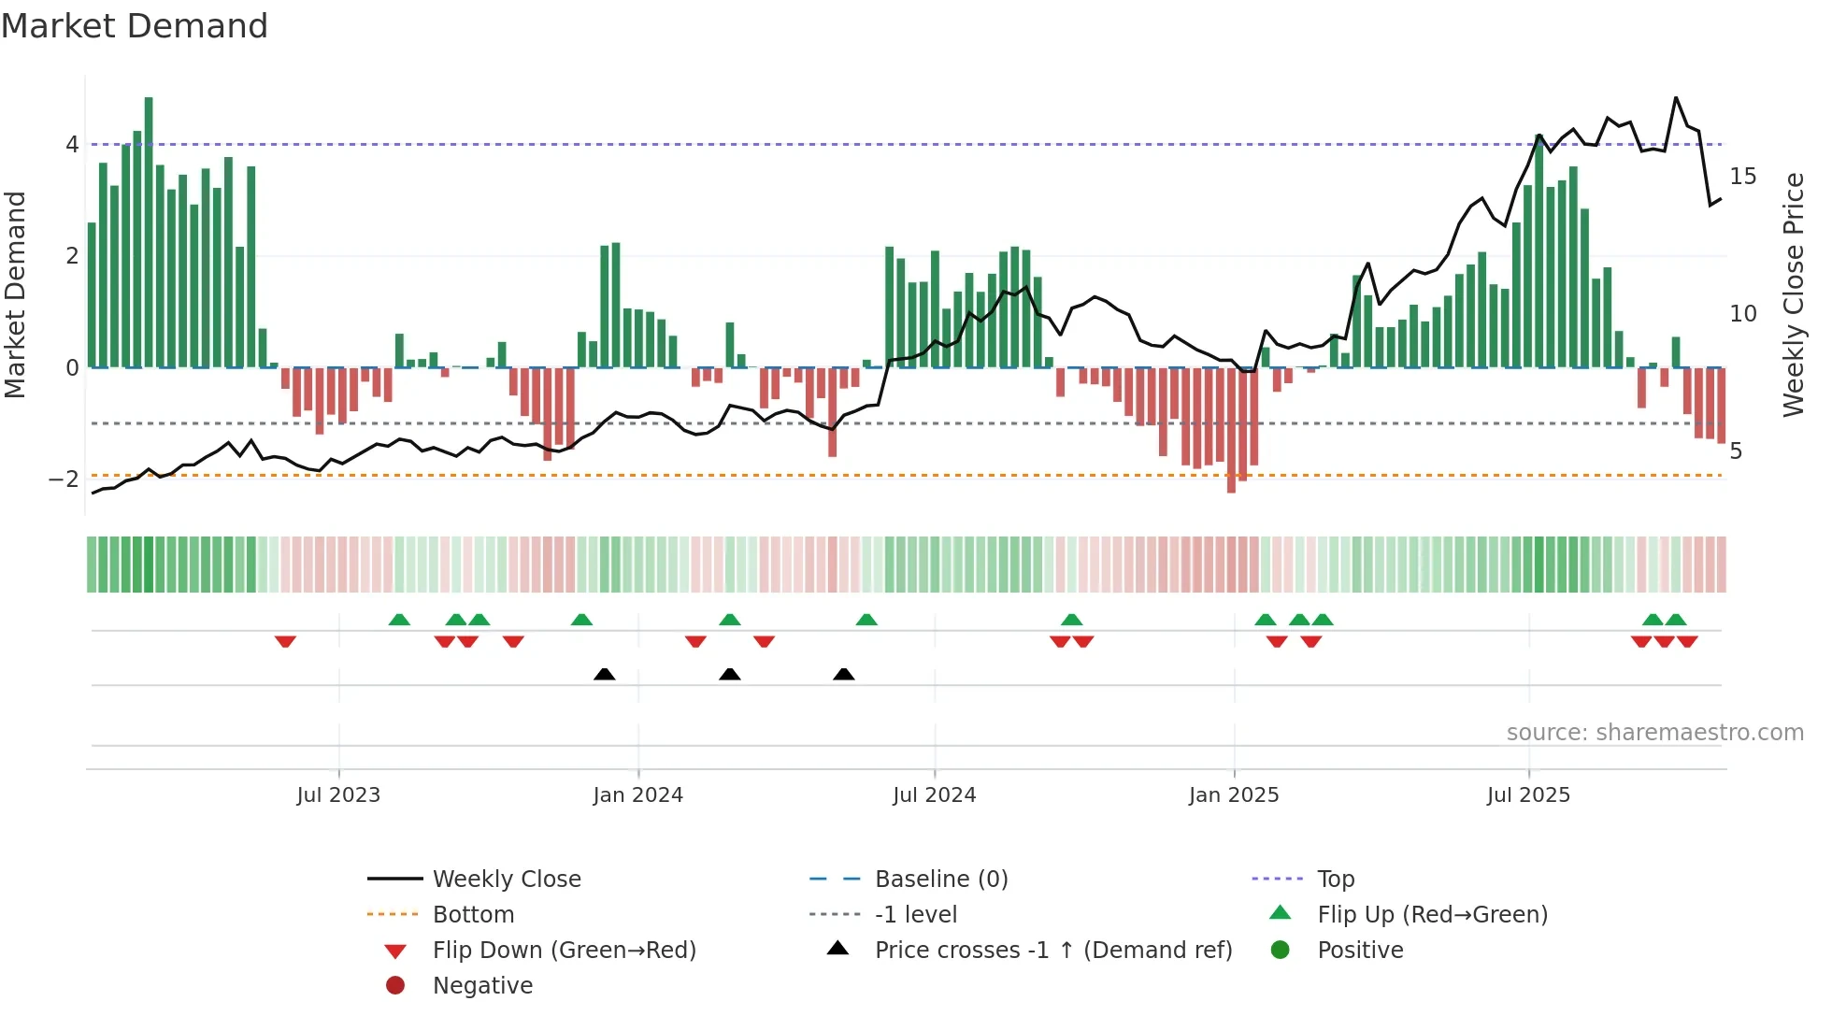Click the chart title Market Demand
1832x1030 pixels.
point(135,25)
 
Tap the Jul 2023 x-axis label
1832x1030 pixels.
point(338,795)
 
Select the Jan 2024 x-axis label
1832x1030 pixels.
point(637,795)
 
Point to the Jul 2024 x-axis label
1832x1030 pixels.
point(934,795)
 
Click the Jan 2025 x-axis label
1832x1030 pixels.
point(1233,795)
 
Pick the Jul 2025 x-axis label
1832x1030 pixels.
point(1528,795)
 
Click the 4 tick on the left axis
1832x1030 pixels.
point(72,145)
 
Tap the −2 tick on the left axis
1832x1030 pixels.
point(64,479)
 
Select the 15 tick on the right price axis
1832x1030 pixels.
point(1742,177)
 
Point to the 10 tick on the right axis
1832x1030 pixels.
point(1742,314)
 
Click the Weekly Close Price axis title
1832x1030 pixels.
point(1793,294)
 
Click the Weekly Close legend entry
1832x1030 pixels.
point(506,880)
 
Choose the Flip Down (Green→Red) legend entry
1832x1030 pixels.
point(564,951)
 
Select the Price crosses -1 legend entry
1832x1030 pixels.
point(1052,951)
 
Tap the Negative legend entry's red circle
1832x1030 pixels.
point(395,986)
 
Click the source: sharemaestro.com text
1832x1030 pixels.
point(1654,733)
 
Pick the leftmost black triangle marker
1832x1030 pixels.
point(605,674)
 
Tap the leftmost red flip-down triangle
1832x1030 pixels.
point(285,641)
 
